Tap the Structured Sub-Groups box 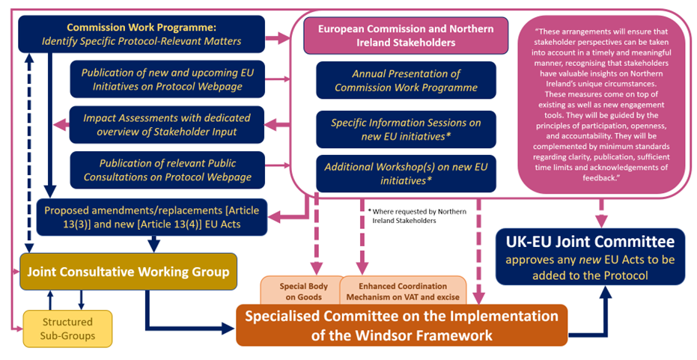(x=67, y=328)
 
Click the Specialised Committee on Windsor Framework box (x=401, y=324)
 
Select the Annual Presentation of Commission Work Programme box (x=406, y=80)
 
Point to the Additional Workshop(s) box (x=406, y=173)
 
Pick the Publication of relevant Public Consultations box (x=166, y=170)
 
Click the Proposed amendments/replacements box (x=153, y=217)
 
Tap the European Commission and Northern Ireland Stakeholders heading (x=406, y=36)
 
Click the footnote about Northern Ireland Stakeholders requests (x=416, y=216)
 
